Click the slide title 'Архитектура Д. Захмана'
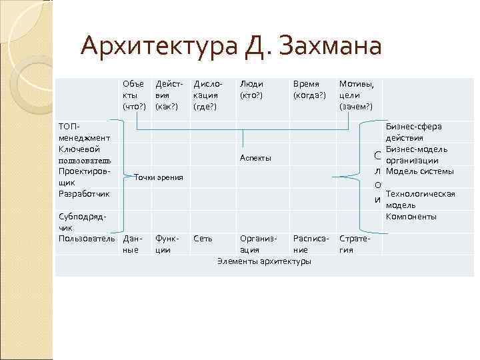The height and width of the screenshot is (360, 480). pyautogui.click(x=230, y=47)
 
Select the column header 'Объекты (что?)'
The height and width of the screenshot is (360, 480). pyautogui.click(x=133, y=95)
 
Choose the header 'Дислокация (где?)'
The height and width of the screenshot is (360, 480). pyautogui.click(x=206, y=95)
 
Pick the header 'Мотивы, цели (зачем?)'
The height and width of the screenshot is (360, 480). pyautogui.click(x=357, y=95)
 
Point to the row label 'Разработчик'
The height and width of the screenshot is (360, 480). pyautogui.click(x=84, y=193)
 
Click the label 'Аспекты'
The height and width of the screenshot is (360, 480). pyautogui.click(x=255, y=157)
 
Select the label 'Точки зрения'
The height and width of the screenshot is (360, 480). pyautogui.click(x=159, y=177)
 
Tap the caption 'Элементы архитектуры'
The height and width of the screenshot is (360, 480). pyautogui.click(x=264, y=261)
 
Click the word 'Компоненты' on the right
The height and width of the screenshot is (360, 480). pyautogui.click(x=411, y=217)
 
